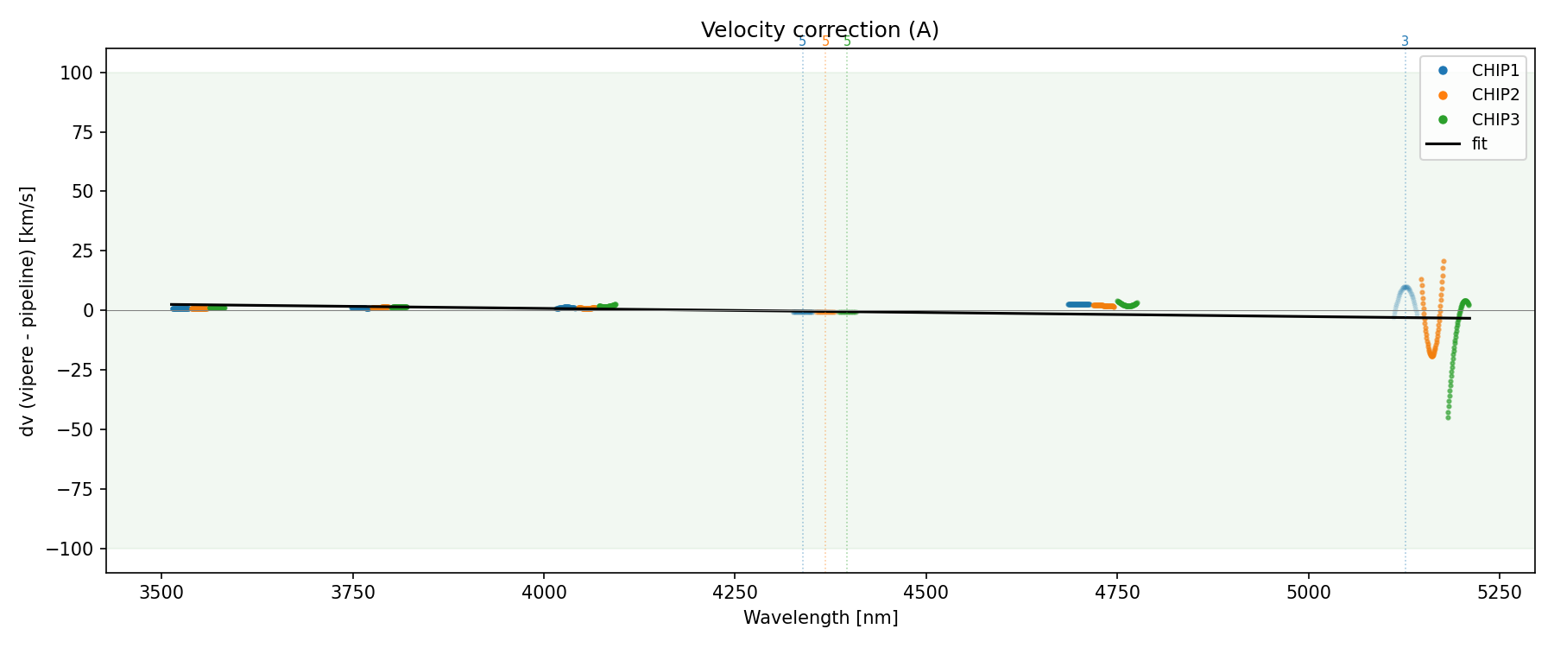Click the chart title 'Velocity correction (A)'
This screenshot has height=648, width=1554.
(819, 30)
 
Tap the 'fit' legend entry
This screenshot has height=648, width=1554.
(1480, 144)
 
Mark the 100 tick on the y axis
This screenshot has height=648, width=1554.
(77, 73)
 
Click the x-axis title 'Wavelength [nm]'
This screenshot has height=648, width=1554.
(820, 618)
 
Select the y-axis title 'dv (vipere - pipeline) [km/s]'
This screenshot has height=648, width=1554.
(28, 310)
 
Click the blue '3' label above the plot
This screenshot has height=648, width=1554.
(1405, 41)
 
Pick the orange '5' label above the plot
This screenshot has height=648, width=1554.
(825, 41)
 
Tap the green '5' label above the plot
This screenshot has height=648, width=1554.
(847, 41)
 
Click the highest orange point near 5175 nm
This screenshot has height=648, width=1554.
(1443, 261)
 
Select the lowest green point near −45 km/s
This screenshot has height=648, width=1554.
(1448, 417)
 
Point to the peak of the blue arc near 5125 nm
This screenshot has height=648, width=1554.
(1406, 287)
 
